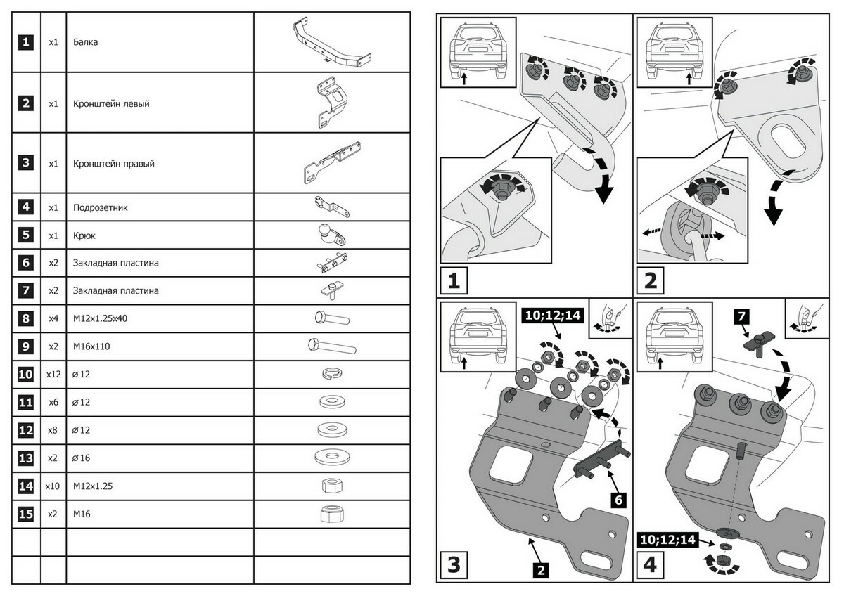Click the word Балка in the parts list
(x=85, y=42)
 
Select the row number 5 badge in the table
(x=25, y=235)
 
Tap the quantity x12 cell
(x=53, y=375)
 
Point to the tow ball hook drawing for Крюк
(x=331, y=235)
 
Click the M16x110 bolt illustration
(x=331, y=346)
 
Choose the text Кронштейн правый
(x=113, y=164)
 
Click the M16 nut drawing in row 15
(x=331, y=514)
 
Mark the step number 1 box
(x=454, y=282)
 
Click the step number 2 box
(x=650, y=282)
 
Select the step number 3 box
(x=454, y=564)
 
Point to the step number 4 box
(x=650, y=564)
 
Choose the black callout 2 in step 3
(x=540, y=569)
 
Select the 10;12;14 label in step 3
(x=553, y=316)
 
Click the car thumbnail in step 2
(x=673, y=53)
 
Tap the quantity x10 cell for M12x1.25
(x=53, y=486)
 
